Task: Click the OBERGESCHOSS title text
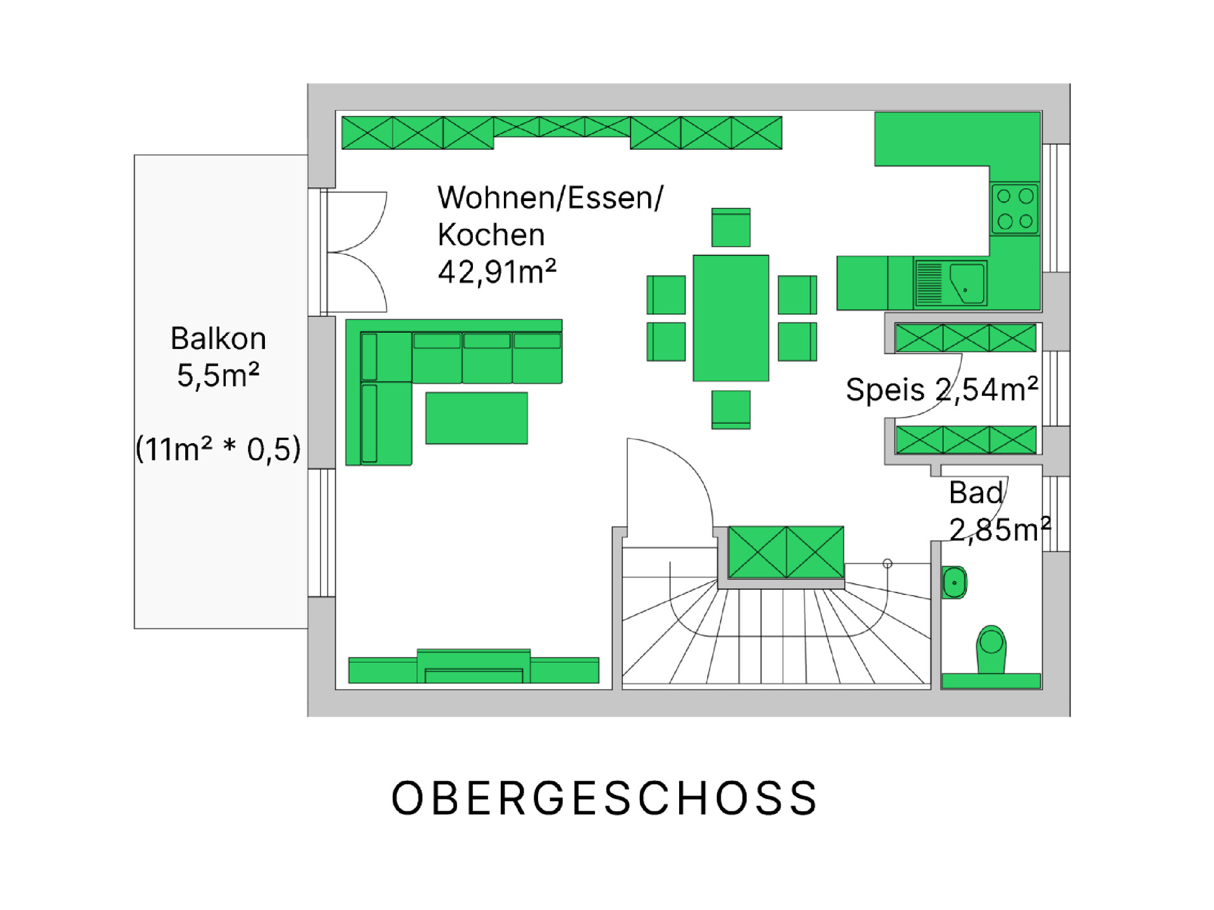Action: pyautogui.click(x=604, y=798)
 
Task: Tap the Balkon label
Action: pyautogui.click(x=218, y=338)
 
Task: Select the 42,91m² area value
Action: pyautogui.click(x=497, y=273)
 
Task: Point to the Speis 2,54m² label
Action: pyautogui.click(x=942, y=389)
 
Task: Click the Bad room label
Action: pyautogui.click(x=976, y=493)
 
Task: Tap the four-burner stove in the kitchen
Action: pyautogui.click(x=1015, y=209)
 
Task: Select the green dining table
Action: pyautogui.click(x=731, y=318)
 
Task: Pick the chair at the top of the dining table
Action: pyautogui.click(x=731, y=228)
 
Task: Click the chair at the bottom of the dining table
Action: pyautogui.click(x=731, y=410)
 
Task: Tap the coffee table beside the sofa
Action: pyautogui.click(x=477, y=418)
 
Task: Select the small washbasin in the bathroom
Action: pyautogui.click(x=954, y=582)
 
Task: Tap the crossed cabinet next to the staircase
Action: pyautogui.click(x=786, y=552)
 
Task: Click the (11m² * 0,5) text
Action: pyautogui.click(x=218, y=449)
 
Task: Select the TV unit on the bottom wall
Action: pyautogui.click(x=474, y=667)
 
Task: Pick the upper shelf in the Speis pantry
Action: pyautogui.click(x=966, y=338)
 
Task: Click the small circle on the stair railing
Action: pyautogui.click(x=888, y=563)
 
